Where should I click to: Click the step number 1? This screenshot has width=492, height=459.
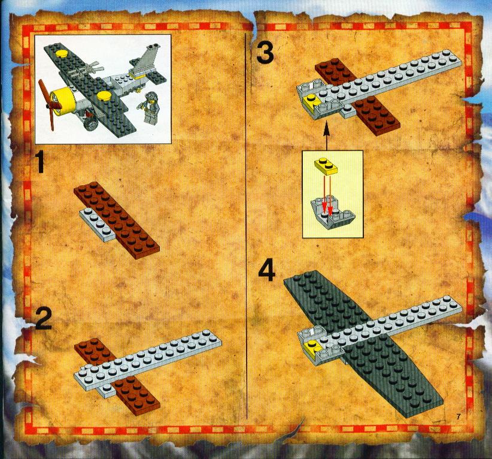(41, 162)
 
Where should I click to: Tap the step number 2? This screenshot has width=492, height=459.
(44, 319)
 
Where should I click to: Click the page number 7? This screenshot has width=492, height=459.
(458, 416)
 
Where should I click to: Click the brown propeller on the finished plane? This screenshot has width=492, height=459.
(48, 105)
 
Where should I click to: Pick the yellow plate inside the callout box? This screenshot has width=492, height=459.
(326, 166)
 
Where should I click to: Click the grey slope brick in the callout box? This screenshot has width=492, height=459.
(333, 212)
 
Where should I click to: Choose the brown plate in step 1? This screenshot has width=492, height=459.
(117, 221)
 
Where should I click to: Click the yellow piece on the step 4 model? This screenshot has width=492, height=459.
(312, 346)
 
